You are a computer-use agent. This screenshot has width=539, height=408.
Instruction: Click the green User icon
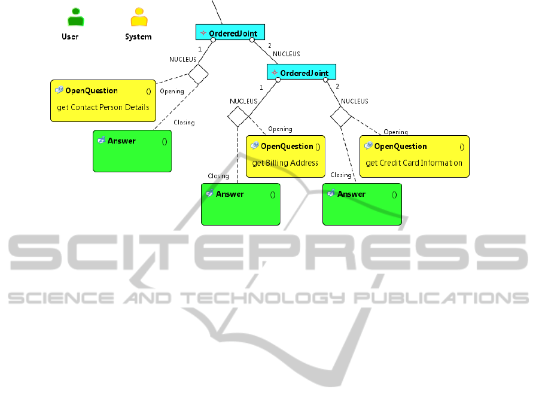tap(75, 17)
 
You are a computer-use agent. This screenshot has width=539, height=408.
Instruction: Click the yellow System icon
tap(139, 17)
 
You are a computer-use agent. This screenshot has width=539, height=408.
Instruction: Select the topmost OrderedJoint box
tap(230, 32)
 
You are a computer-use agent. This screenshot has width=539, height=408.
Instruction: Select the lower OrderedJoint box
tap(302, 72)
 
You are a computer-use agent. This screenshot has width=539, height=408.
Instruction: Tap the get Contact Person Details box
tap(103, 101)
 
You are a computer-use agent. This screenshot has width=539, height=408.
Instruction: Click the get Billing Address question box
tap(285, 156)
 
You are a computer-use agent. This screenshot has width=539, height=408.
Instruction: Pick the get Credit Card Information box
tap(414, 156)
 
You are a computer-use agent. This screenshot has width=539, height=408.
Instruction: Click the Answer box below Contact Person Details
tap(132, 151)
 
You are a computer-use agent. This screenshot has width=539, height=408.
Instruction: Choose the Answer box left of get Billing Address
tap(240, 204)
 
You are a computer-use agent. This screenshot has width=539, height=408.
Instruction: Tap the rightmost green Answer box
tap(362, 204)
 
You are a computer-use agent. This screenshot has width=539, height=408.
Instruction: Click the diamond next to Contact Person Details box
tap(199, 74)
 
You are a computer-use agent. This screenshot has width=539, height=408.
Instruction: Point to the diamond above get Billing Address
tap(238, 117)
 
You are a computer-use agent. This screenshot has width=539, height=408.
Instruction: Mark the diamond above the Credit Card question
tap(340, 117)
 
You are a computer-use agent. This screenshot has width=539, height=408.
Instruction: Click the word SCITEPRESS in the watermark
tap(268, 252)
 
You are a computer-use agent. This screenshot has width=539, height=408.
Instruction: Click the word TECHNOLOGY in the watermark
tap(263, 298)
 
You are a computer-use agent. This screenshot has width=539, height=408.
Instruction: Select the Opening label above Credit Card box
tap(395, 132)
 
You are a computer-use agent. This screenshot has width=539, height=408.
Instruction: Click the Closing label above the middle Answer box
tap(218, 176)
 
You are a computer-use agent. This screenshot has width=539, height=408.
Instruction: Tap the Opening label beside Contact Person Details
tap(172, 92)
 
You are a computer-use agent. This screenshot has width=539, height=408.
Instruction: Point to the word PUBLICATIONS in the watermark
tap(441, 298)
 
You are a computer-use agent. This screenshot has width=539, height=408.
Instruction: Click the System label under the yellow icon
tap(138, 36)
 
